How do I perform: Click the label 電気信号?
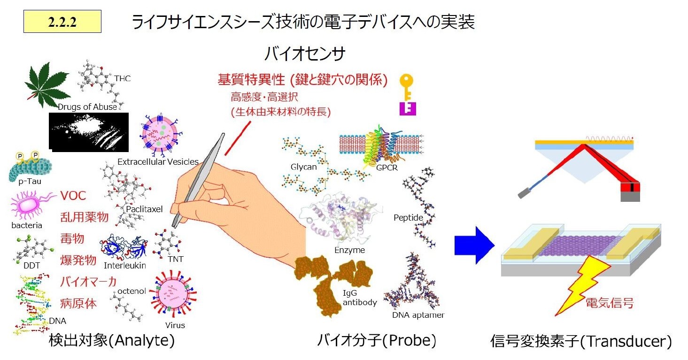[x=609, y=303]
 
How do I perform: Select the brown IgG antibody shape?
[x=334, y=281]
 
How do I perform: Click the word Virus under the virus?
[x=175, y=325]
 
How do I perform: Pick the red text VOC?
[x=73, y=196]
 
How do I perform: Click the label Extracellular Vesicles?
[x=158, y=162]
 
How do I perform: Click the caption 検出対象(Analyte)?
[x=112, y=341]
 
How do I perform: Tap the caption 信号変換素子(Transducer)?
[x=580, y=341]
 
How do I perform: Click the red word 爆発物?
[x=78, y=260]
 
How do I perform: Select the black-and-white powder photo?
[x=89, y=132]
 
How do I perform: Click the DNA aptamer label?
[x=418, y=315]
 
